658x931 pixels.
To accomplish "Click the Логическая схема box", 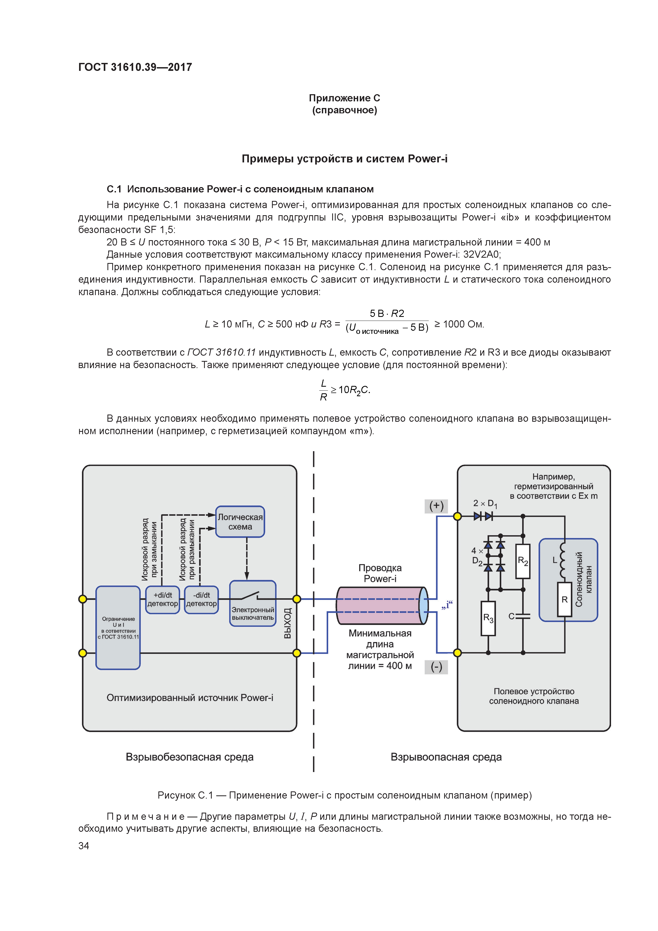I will pyautogui.click(x=240, y=521).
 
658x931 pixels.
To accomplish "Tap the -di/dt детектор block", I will pyautogui.click(x=201, y=600).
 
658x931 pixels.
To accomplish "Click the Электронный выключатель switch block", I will pyautogui.click(x=253, y=603).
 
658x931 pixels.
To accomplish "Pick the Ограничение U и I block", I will pyautogui.click(x=118, y=627).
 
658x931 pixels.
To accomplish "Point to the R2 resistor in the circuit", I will pyautogui.click(x=523, y=561).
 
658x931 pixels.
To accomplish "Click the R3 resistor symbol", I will pyautogui.click(x=488, y=618).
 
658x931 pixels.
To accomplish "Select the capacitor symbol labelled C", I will pyautogui.click(x=523, y=616).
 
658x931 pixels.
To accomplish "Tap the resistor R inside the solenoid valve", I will pyautogui.click(x=564, y=599).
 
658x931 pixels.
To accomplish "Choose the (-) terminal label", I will pyautogui.click(x=436, y=667).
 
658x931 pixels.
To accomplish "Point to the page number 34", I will pyautogui.click(x=84, y=846).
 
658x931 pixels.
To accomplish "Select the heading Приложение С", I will pyautogui.click(x=344, y=98).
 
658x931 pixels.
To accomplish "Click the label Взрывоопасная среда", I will pyautogui.click(x=446, y=757).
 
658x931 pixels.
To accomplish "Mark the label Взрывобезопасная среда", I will pyautogui.click(x=189, y=757).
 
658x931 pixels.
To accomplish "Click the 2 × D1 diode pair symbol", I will pyautogui.click(x=483, y=516).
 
